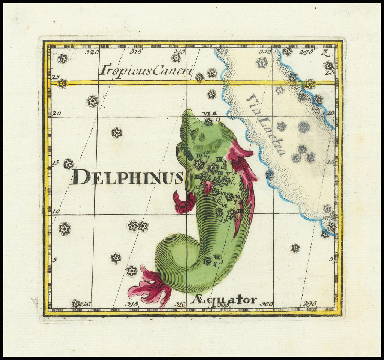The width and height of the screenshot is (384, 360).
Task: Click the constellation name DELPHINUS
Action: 127,177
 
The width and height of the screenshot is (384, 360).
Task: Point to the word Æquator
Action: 223,300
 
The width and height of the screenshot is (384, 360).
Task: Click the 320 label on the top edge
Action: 91,52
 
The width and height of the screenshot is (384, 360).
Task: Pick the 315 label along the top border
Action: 135,52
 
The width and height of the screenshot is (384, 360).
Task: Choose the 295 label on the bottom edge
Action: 310,303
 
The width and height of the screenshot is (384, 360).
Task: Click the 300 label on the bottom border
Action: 266,303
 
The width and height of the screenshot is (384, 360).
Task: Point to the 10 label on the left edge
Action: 56,211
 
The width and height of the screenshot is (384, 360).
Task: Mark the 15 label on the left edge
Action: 55,162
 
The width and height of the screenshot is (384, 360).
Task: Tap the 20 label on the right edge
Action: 330,113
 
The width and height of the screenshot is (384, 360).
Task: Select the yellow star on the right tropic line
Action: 310,84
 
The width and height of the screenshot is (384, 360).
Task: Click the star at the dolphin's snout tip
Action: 208,122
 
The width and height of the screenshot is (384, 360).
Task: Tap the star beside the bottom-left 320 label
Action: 76,303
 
